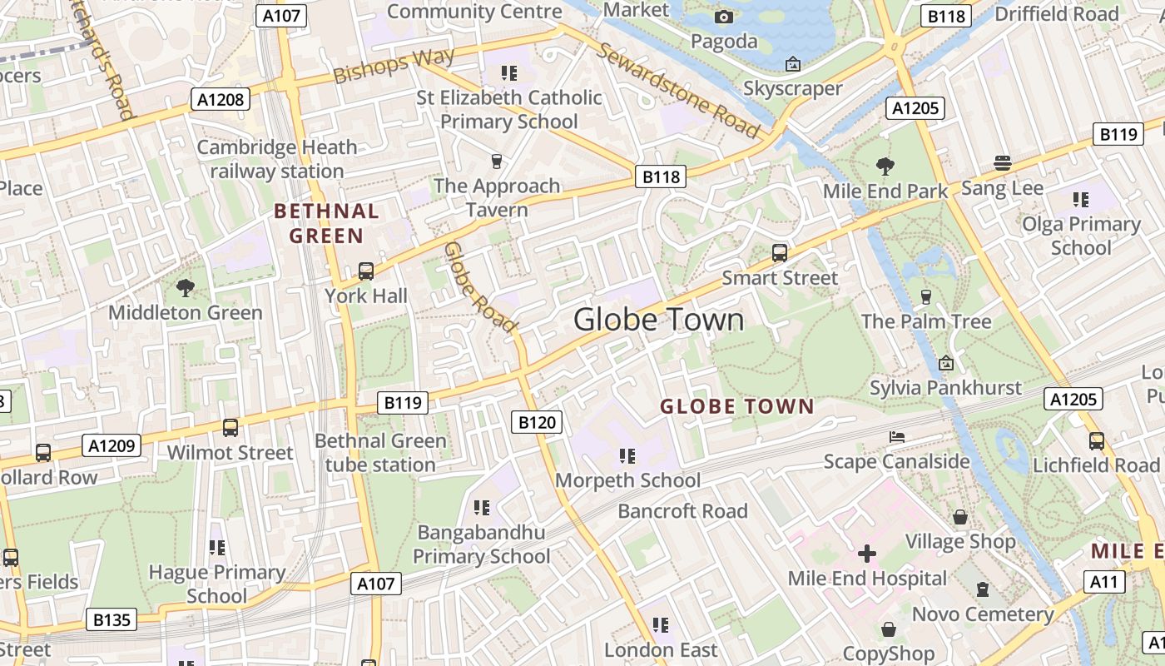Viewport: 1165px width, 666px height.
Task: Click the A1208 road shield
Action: (x=221, y=100)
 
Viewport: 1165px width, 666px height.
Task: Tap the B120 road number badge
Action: (x=537, y=422)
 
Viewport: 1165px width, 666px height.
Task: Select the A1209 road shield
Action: (x=112, y=445)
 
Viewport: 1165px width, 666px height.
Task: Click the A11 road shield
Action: (x=1103, y=581)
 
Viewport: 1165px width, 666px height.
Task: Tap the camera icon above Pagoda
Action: (x=724, y=17)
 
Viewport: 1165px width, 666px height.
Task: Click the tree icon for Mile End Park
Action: (x=885, y=166)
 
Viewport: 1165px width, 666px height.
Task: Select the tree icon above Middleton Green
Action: (x=185, y=288)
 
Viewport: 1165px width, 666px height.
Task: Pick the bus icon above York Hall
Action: (x=366, y=271)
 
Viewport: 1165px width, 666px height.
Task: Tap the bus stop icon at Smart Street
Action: (x=780, y=253)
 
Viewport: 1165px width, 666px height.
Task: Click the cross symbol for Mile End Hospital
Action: (x=867, y=554)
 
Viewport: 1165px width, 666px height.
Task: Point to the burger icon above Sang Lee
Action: (x=1002, y=163)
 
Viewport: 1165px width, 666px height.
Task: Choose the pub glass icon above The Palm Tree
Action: (x=925, y=296)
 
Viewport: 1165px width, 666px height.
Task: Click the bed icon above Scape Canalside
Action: (x=896, y=437)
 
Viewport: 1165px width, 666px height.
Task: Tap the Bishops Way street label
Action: (x=394, y=65)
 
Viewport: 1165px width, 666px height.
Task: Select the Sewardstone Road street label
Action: (x=678, y=90)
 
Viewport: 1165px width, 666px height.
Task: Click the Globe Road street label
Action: (x=480, y=287)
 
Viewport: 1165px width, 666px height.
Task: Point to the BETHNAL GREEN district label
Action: (x=326, y=223)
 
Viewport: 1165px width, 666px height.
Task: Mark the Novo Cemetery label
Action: (x=983, y=614)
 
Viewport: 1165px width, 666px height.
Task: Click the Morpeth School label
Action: (x=627, y=480)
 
